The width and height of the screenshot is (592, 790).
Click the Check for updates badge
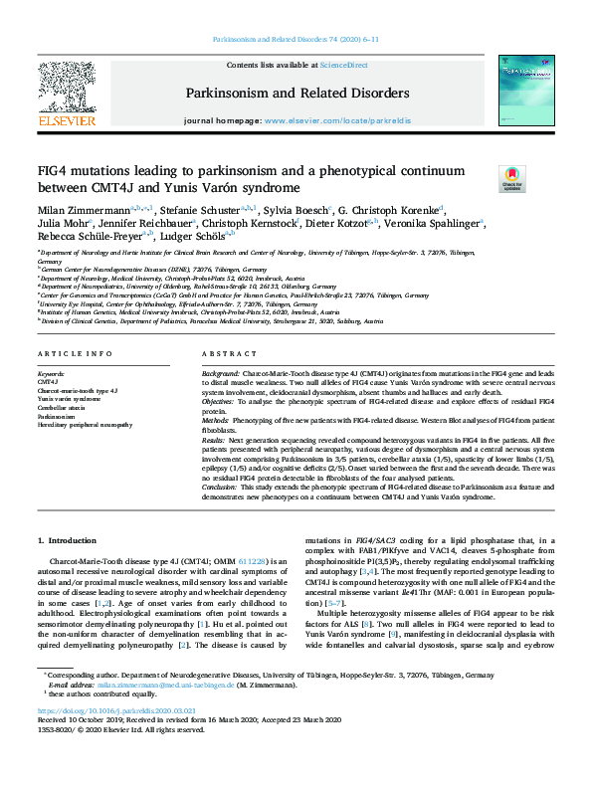point(511,180)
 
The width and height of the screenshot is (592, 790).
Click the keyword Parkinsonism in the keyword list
point(58,417)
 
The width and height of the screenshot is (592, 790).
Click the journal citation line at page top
point(296,40)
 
